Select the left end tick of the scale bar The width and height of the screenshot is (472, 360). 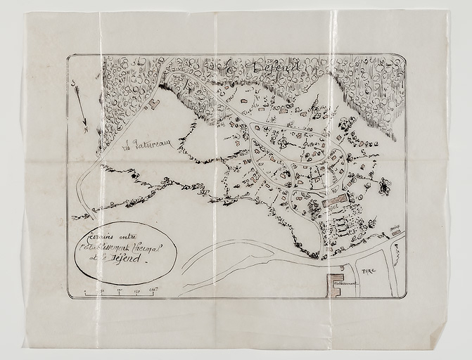[86, 292]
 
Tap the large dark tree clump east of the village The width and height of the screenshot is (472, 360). [384, 186]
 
